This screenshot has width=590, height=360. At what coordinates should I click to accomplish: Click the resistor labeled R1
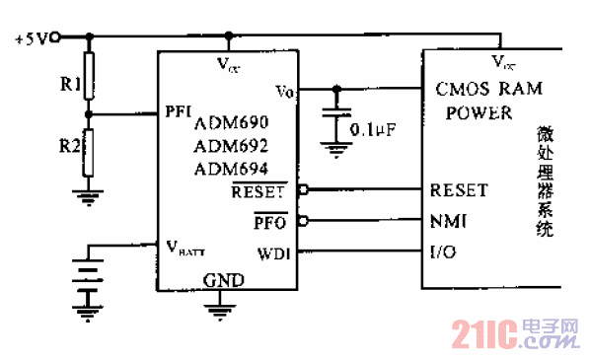(x=88, y=78)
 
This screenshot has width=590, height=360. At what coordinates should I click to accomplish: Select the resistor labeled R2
(x=88, y=157)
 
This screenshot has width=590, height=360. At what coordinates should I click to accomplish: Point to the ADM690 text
(x=231, y=123)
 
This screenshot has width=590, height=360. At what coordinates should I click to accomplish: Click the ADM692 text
(x=231, y=145)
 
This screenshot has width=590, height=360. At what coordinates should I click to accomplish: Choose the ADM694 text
(x=231, y=168)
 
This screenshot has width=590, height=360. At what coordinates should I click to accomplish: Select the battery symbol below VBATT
(x=88, y=280)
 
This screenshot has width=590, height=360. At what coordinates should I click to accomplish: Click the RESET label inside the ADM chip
(x=258, y=191)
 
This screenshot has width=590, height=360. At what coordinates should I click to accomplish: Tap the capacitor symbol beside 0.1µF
(x=338, y=119)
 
